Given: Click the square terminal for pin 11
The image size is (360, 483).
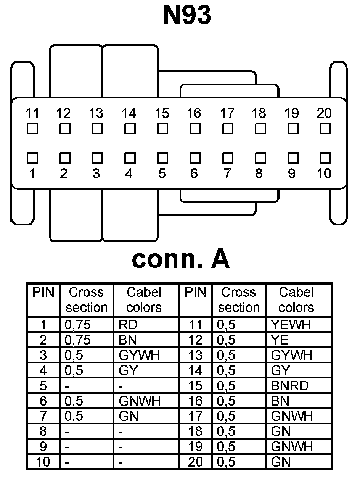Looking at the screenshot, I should (33, 129).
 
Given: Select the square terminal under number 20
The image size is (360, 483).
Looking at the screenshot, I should (325, 129).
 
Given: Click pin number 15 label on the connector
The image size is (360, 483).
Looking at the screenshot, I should (162, 113).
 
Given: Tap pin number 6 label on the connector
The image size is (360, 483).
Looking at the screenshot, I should (194, 174).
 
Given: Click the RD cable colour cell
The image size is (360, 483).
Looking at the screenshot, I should (128, 325).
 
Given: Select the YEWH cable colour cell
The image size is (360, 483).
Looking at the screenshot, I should (291, 325).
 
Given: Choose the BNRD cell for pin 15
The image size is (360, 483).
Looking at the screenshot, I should (289, 386).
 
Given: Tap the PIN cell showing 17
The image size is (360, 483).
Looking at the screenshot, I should (196, 416).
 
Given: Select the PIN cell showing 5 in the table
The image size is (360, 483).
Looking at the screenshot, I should (43, 386).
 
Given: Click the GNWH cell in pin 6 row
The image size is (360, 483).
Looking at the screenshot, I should (139, 401).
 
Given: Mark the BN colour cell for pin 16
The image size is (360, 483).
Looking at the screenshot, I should (280, 401).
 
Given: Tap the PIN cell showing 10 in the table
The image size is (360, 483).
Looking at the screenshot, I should (43, 462).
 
